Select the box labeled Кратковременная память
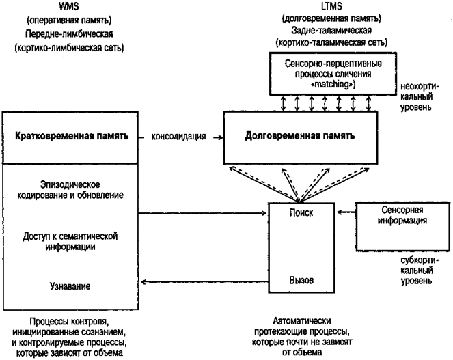click(x=72, y=136)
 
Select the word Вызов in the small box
click(x=301, y=281)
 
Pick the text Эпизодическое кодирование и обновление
click(x=71, y=191)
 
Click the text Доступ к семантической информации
click(x=71, y=241)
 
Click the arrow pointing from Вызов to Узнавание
click(x=205, y=281)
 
